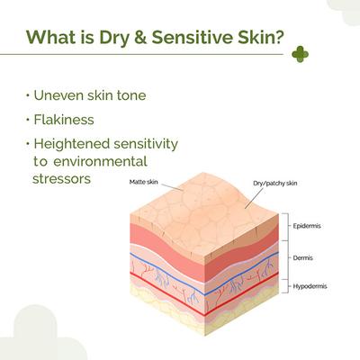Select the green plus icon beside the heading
(300, 54)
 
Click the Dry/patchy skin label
(275, 184)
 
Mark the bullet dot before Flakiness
(28, 120)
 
